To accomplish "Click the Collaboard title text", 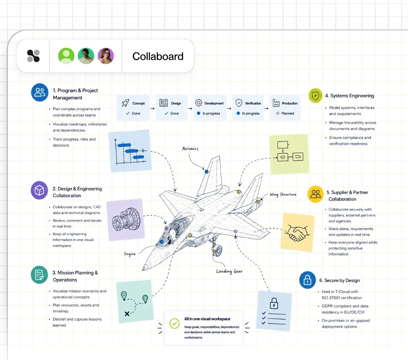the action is click(158, 56).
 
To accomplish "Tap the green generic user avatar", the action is click(66, 56).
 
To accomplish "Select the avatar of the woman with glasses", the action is click(106, 56).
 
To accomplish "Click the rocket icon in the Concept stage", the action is click(125, 103).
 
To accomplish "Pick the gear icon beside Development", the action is click(199, 103).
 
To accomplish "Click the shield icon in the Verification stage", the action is click(239, 103).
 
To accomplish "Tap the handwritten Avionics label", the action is click(190, 148).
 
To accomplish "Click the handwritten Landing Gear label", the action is click(229, 271).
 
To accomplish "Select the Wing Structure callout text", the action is click(283, 194).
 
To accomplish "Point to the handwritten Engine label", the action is click(130, 253).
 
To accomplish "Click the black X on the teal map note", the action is click(127, 314).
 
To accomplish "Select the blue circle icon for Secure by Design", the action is click(307, 280).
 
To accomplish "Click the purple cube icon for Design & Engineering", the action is click(39, 190).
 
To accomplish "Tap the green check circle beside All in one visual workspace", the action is click(174, 323).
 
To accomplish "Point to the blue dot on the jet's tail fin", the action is click(206, 172).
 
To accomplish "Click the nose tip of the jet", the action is click(143, 269).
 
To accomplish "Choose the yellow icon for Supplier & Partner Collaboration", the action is click(315, 194).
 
